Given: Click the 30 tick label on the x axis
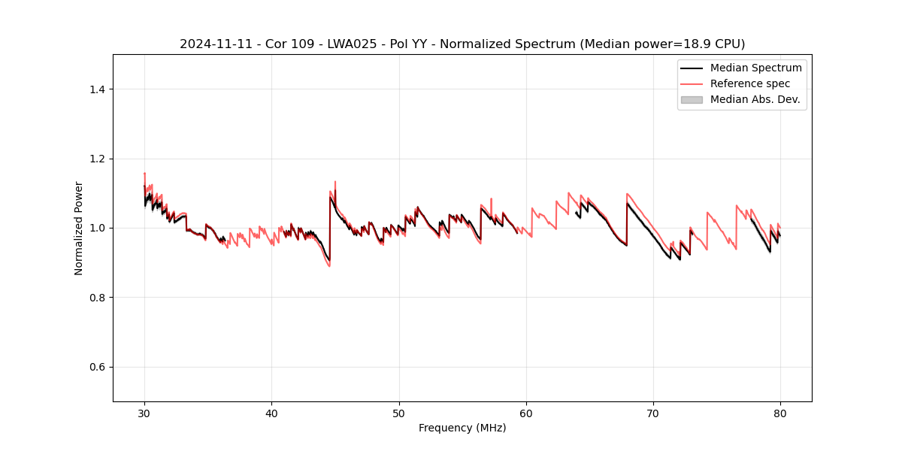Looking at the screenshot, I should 145,413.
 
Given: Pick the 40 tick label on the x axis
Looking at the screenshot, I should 272,413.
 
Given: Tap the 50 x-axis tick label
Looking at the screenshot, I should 399,413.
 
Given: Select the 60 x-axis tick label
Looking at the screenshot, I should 526,413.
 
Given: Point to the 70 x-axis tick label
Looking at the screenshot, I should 653,413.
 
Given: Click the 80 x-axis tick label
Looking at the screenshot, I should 780,413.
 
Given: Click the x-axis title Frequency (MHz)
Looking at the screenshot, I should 462,428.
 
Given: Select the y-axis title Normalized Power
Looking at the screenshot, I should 79,228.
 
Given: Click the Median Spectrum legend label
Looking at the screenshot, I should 755,68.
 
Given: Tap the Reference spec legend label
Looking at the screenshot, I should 750,83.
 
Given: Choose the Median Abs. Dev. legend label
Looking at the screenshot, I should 755,99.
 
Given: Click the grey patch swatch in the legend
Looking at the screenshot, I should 692,99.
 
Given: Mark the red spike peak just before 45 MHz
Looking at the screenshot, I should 335,181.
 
